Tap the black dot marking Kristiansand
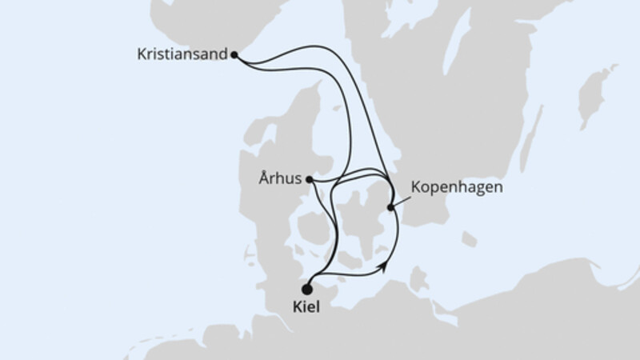click(234, 55)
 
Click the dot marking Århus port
click(310, 180)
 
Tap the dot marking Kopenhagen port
click(391, 208)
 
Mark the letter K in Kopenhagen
click(414, 189)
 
